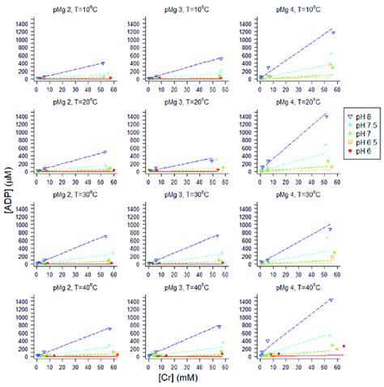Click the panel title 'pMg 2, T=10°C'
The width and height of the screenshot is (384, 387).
tap(70, 8)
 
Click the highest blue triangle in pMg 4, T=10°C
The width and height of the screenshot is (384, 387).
tap(333, 32)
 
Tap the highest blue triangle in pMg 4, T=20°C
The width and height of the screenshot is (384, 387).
tap(326, 116)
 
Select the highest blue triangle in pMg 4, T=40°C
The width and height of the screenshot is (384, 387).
tap(331, 300)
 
